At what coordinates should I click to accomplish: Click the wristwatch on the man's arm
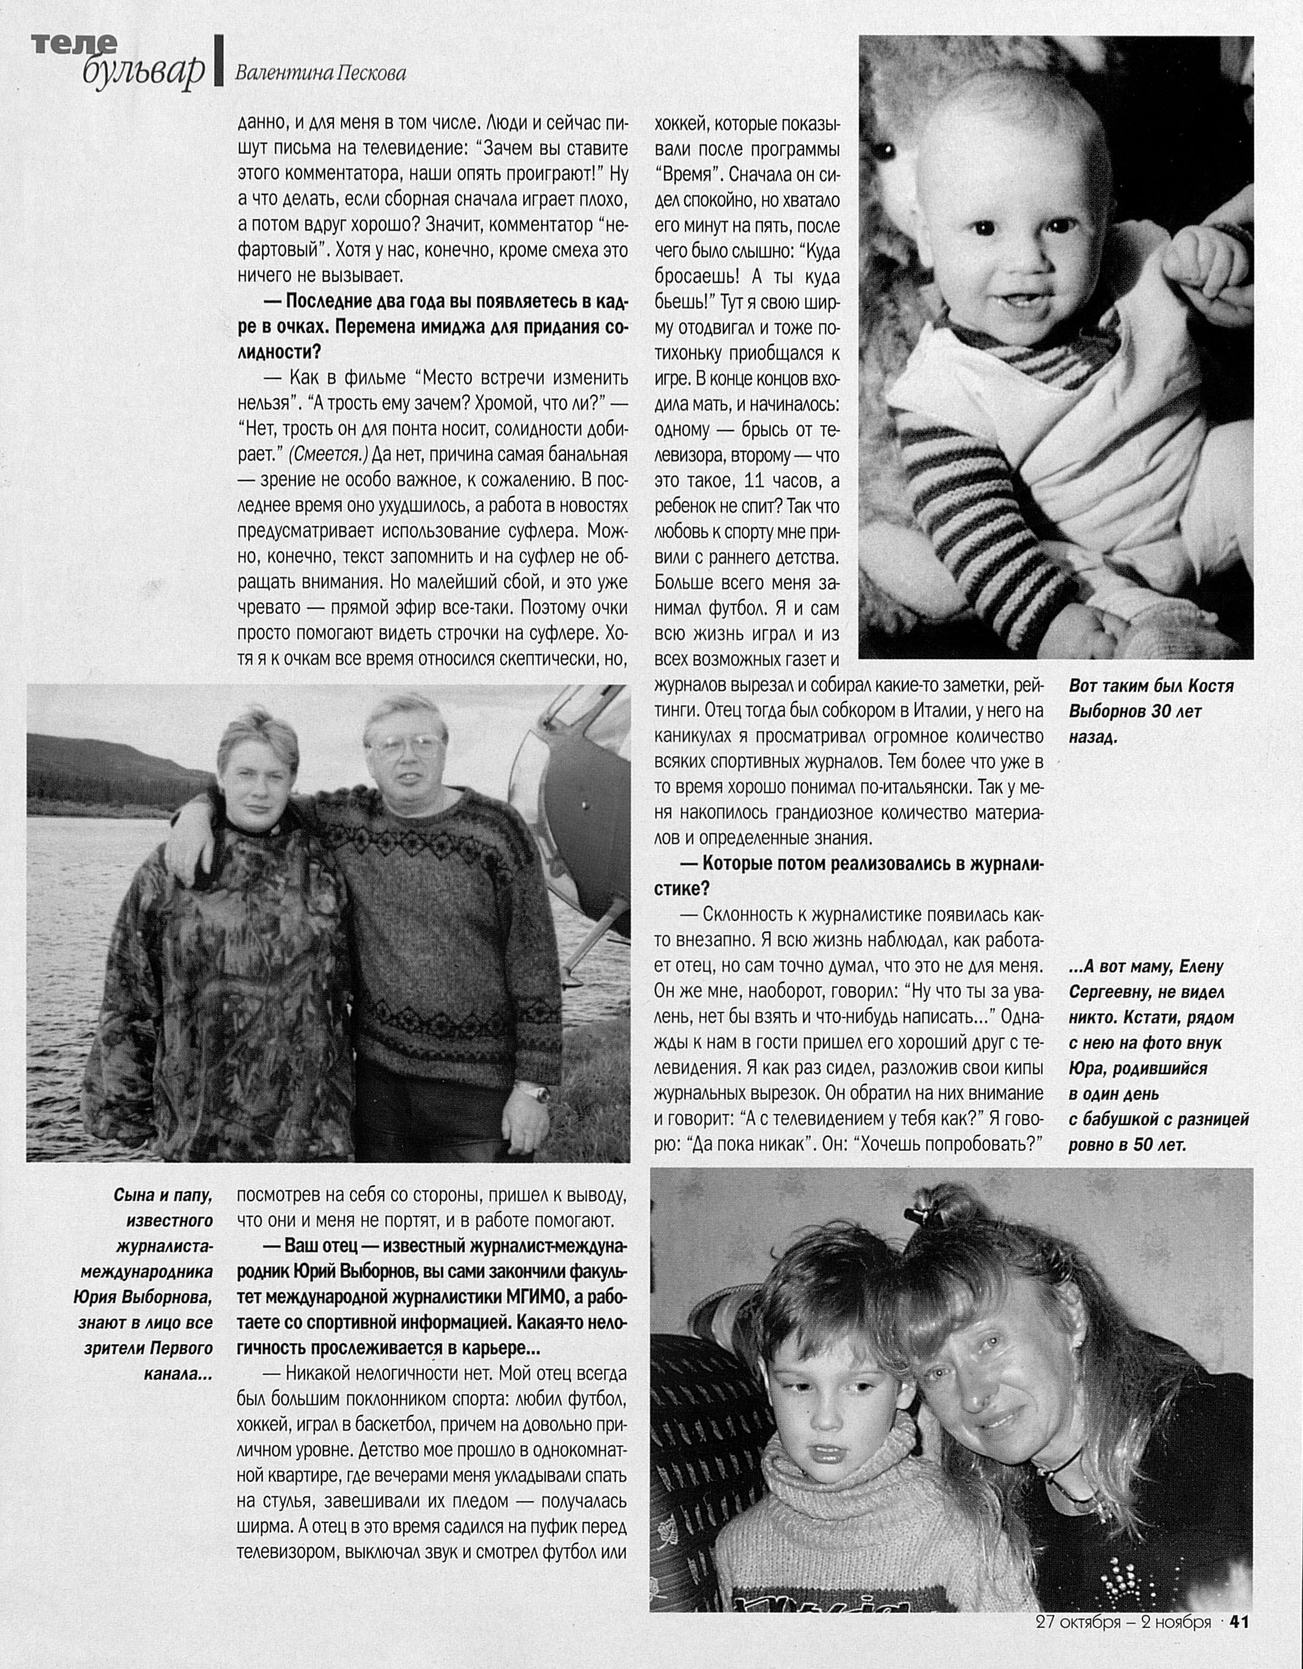[540, 1095]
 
